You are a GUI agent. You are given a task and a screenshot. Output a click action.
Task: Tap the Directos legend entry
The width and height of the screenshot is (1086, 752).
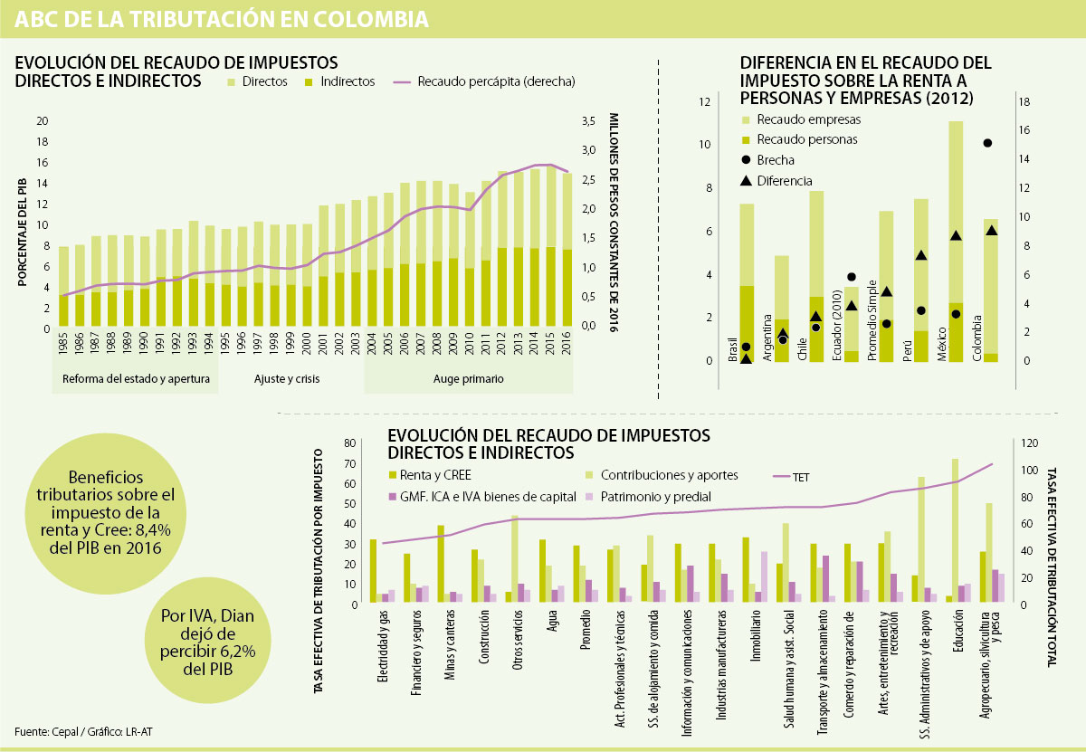[258, 81]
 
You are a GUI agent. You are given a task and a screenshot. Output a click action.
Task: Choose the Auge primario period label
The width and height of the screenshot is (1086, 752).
[468, 378]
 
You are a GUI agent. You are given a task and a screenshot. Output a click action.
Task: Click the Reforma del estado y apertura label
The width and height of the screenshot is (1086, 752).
[136, 378]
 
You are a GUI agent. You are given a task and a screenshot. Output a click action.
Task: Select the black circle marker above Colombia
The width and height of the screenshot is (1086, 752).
[987, 143]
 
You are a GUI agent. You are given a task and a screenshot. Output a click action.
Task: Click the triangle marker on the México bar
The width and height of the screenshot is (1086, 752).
[956, 235]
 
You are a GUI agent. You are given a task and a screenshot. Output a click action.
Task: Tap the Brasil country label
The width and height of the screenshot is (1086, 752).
[733, 349]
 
